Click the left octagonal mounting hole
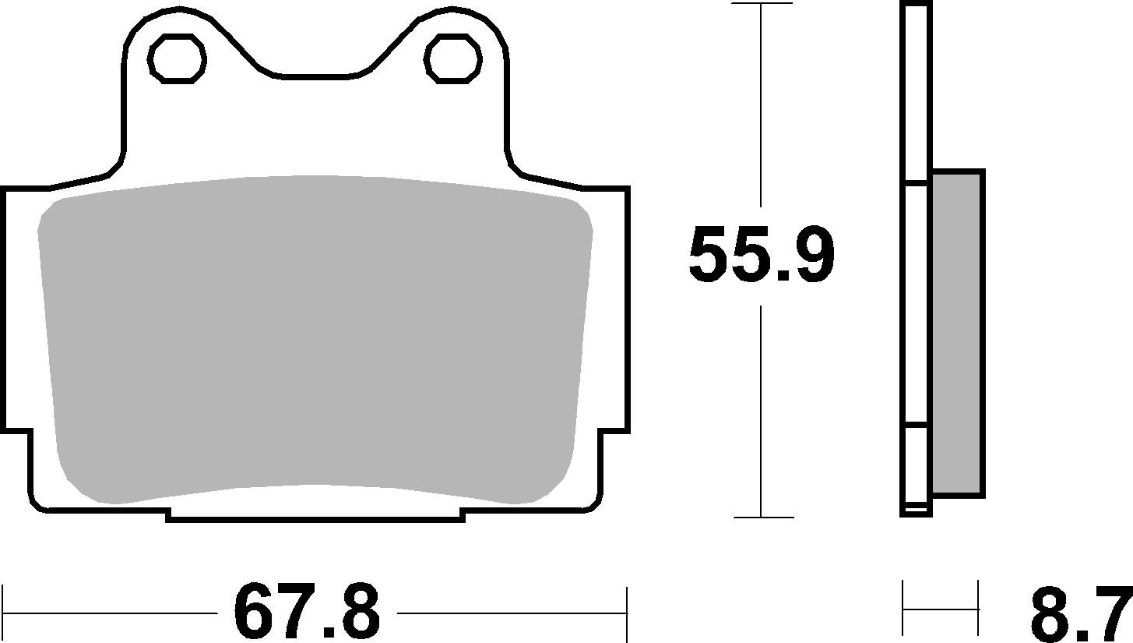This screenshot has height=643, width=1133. (x=178, y=58)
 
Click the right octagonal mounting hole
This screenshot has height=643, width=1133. (x=452, y=58)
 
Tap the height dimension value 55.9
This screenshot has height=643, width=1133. (x=761, y=256)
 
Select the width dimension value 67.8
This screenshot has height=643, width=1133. (x=307, y=612)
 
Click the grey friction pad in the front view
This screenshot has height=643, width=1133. (x=315, y=335)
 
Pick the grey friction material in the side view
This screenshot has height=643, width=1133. (x=956, y=333)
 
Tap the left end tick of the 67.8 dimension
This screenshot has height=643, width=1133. (x=4, y=612)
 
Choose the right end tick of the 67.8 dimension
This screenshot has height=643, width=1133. (x=626, y=612)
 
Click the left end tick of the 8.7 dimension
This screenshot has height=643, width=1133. (x=903, y=609)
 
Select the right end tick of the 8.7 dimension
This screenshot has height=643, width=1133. (x=978, y=609)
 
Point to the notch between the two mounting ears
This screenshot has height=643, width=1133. (x=315, y=75)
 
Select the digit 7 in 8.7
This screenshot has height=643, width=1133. (x=1110, y=614)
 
